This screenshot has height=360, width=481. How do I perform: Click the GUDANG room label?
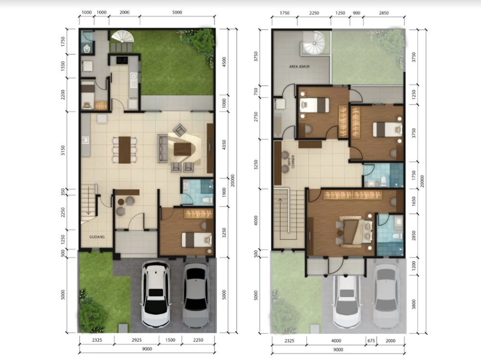(97, 237)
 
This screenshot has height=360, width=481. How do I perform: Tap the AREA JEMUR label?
(299, 66)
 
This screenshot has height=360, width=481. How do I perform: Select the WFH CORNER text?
(291, 162)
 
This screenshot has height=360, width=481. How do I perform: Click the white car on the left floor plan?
(155, 294)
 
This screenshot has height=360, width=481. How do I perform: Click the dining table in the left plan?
(125, 150)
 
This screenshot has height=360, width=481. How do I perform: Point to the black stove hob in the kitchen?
(122, 61)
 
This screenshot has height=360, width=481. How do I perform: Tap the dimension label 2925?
(137, 340)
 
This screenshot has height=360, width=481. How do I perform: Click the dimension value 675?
(371, 341)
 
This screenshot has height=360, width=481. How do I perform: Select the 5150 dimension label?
(63, 151)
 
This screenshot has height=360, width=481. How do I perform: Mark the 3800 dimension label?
(414, 304)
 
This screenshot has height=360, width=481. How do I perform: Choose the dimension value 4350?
(224, 145)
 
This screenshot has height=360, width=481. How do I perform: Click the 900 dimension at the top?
(356, 13)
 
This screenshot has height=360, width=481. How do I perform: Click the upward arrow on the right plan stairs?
(280, 215)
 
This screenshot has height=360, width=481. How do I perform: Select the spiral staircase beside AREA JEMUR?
(313, 43)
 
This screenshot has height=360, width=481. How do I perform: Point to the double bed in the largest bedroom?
(355, 231)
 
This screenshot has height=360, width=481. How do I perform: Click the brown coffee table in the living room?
(182, 150)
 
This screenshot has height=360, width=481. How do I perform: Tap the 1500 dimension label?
(170, 340)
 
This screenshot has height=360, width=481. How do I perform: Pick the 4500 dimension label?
(224, 62)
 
